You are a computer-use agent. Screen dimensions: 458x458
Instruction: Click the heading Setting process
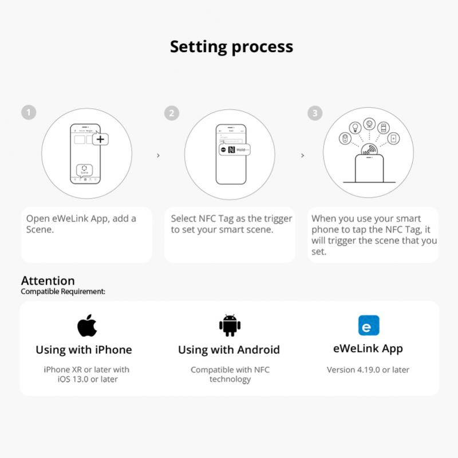click(231, 46)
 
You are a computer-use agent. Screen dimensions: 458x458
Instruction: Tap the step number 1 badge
click(28, 112)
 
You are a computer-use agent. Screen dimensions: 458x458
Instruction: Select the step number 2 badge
click(171, 113)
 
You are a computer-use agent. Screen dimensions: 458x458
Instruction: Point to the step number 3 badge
click(314, 113)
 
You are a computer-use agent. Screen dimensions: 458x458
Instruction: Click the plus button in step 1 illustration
click(100, 139)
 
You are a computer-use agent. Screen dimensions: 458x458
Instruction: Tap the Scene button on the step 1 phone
click(84, 170)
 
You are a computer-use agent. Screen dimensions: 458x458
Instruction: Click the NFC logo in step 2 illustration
click(231, 149)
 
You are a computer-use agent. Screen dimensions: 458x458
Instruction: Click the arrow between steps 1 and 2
click(158, 155)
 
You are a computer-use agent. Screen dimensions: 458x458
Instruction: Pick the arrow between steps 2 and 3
click(302, 155)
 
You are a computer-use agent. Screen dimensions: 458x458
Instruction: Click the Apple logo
click(87, 325)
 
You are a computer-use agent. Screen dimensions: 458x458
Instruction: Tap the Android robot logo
click(229, 325)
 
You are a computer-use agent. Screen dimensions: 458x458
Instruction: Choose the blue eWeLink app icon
click(368, 325)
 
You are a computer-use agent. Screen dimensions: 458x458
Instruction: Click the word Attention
click(48, 281)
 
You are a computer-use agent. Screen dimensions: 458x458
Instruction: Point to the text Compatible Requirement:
click(63, 291)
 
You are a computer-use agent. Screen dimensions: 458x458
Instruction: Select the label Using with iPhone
click(84, 350)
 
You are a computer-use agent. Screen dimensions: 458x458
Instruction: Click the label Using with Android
click(228, 350)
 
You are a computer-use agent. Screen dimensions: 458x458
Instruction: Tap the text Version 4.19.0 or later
click(368, 370)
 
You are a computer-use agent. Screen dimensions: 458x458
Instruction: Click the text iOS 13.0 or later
click(87, 379)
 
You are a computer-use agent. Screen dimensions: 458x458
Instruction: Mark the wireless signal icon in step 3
click(369, 150)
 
